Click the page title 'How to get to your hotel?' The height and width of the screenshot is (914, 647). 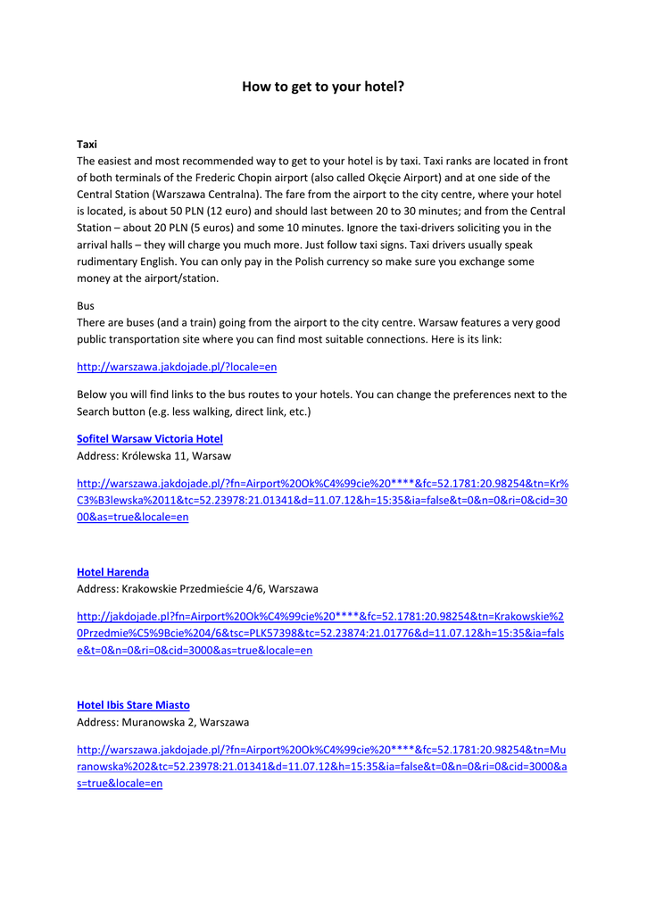323,87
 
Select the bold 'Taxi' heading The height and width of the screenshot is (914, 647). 87,144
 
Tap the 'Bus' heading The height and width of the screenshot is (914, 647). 86,305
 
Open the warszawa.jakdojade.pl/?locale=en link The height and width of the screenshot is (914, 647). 177,367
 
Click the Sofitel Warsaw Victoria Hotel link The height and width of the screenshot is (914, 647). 150,438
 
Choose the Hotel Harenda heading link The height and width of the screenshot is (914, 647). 112,571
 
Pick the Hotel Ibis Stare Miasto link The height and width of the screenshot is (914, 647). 133,704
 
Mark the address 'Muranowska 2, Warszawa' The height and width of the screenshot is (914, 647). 187,721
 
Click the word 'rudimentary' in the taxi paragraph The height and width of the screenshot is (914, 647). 111,261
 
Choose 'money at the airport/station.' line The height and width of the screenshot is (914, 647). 147,278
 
